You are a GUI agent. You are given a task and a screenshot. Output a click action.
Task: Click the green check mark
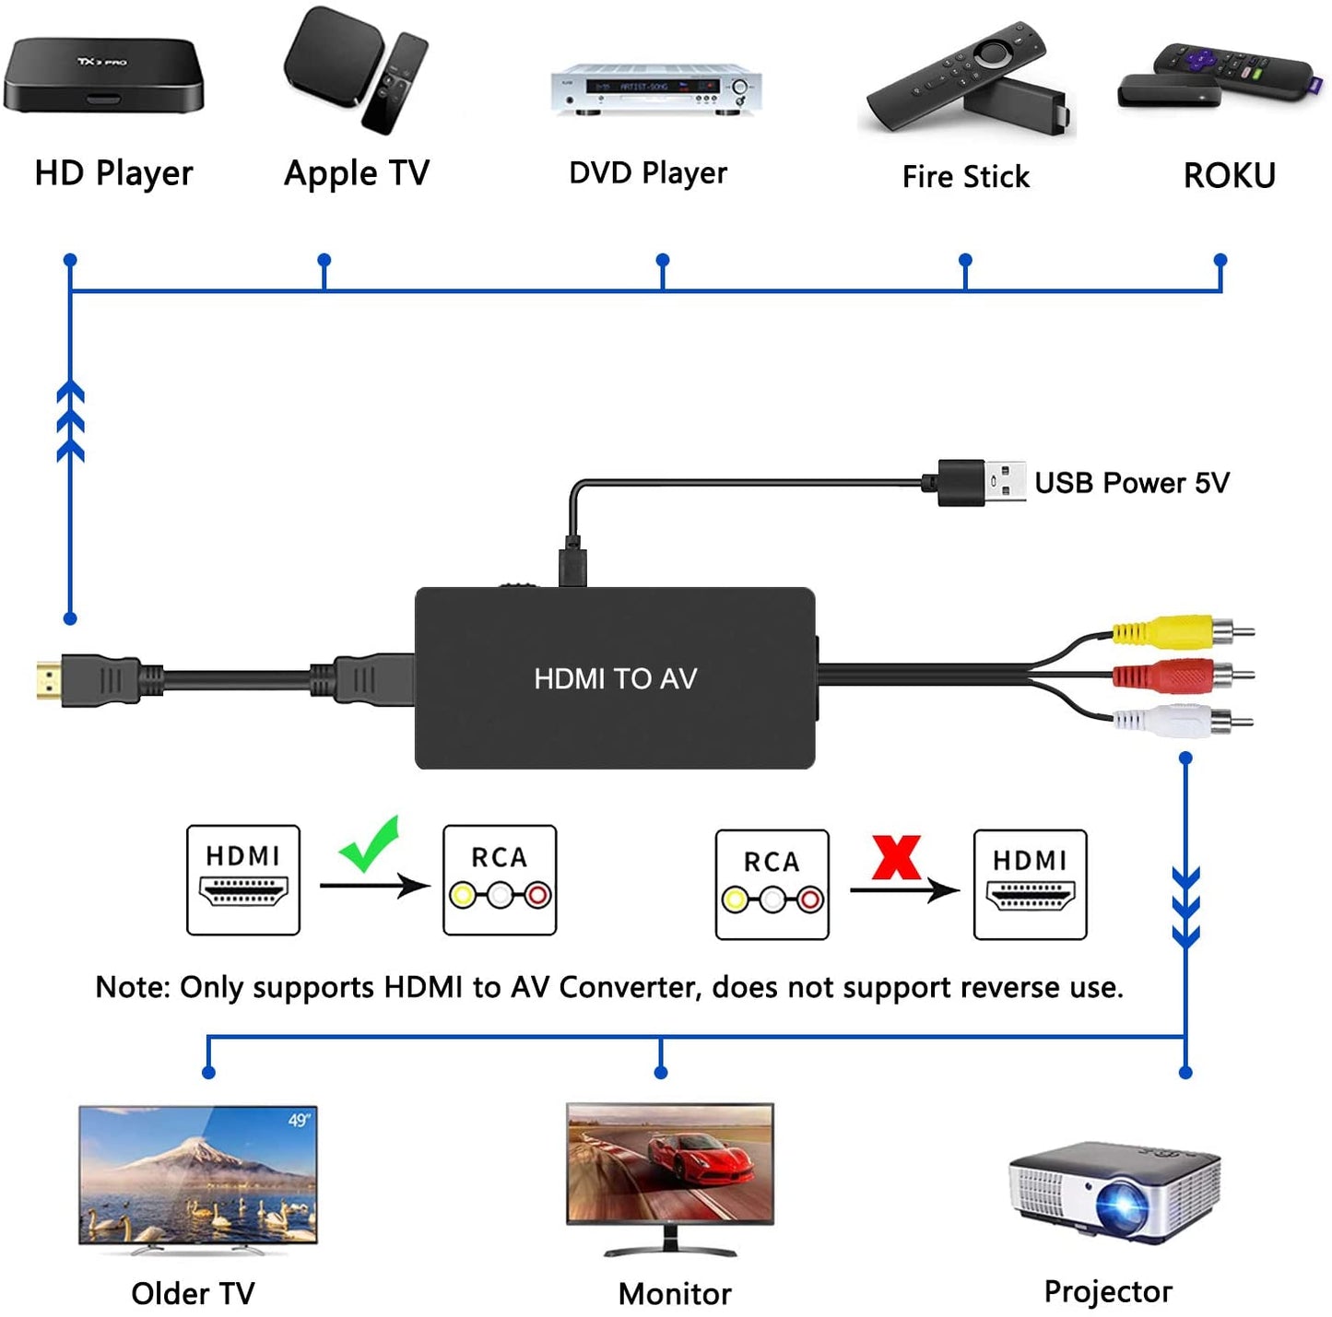370,843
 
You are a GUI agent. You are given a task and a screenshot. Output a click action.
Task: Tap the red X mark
896,857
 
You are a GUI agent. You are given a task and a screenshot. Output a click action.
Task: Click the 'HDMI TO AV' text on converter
615,679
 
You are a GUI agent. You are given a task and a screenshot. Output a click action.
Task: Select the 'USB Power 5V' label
1131,483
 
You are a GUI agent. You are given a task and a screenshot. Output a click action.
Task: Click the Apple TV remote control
395,84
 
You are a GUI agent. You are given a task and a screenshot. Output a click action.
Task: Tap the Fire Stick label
965,177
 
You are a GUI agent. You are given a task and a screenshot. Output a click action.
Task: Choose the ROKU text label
1229,176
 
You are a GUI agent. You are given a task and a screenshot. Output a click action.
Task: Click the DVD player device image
655,90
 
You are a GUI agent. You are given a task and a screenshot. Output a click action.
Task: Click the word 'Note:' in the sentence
133,987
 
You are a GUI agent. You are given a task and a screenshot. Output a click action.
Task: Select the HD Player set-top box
102,76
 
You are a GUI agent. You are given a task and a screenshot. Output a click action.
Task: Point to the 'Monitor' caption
674,1294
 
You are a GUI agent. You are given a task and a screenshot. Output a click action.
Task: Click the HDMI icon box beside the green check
243,880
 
